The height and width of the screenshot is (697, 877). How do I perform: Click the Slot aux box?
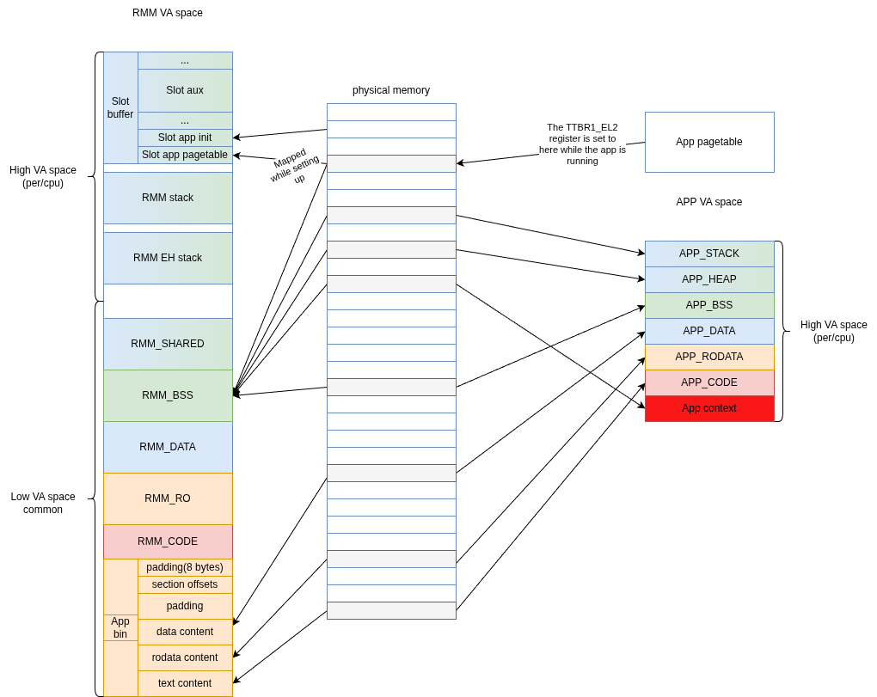(x=185, y=90)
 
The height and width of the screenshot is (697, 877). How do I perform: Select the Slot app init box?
(x=185, y=138)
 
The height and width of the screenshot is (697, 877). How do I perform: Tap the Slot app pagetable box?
(x=185, y=155)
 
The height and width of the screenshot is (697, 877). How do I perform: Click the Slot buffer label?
(x=120, y=107)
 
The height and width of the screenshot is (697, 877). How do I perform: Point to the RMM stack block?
(x=168, y=198)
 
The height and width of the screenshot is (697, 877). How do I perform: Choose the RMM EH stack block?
(x=168, y=258)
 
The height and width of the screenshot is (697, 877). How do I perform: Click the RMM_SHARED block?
(x=168, y=344)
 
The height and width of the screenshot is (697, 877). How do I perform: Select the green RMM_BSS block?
(x=168, y=395)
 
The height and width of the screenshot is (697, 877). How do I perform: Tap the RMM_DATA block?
(x=168, y=447)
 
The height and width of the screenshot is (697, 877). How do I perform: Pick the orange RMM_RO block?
(x=168, y=498)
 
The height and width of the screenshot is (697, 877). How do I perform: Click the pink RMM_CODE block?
(x=168, y=541)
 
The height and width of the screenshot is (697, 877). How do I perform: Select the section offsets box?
(x=185, y=584)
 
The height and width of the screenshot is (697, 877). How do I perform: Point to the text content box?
(x=185, y=683)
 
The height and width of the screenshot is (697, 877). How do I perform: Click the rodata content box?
(x=185, y=657)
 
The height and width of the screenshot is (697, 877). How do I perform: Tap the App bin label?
(x=120, y=627)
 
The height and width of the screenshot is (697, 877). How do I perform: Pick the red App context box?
(x=709, y=408)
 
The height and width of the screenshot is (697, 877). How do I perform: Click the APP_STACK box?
(x=709, y=254)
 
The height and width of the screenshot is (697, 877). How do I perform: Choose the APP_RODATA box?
(x=709, y=357)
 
